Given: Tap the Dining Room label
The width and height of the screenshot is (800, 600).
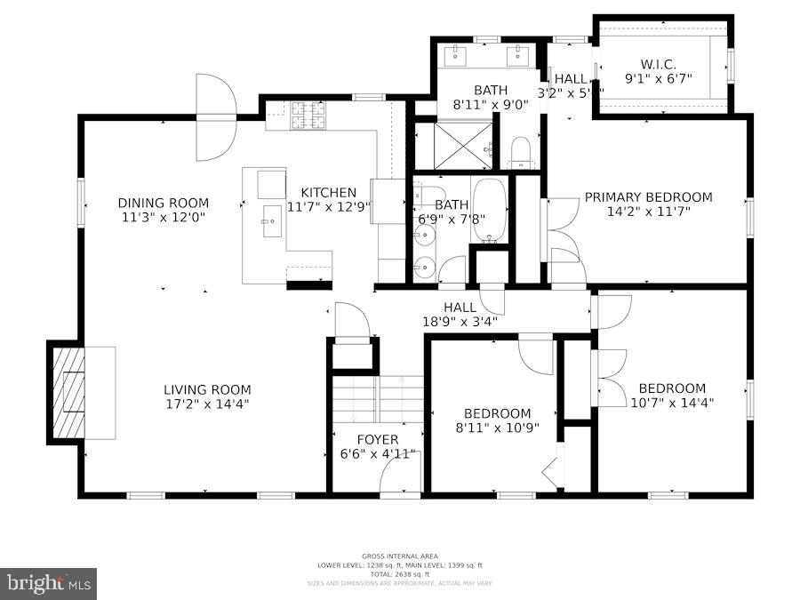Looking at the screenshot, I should point(164,203).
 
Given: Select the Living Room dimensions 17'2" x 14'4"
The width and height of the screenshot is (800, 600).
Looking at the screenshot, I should point(207,404).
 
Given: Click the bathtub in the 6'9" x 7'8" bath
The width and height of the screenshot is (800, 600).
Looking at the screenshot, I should point(489,211).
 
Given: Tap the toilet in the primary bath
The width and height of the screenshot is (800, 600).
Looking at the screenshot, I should point(521,152).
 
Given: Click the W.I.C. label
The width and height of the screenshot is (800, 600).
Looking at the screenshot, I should point(660,64).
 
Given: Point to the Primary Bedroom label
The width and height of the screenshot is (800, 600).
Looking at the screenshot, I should point(648,197).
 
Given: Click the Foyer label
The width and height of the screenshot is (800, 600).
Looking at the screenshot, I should point(378,439).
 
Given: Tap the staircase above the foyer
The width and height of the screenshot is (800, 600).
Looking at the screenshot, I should point(378,399).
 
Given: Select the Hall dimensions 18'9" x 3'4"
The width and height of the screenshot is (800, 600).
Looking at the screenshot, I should point(459,321).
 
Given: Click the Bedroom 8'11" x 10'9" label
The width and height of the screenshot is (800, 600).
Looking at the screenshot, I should point(498,413).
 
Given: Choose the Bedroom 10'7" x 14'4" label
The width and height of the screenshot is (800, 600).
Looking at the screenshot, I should point(672,388).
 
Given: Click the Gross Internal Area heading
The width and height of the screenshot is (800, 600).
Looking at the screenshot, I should point(399,556).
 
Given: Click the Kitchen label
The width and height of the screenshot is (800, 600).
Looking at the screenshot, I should point(328,192).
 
